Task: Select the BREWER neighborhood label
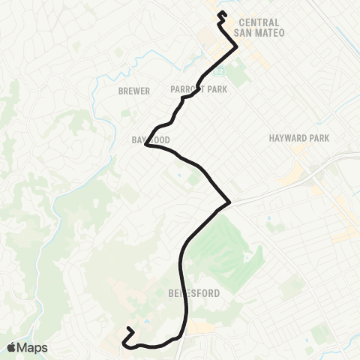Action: click(134, 91)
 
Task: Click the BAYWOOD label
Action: click(150, 140)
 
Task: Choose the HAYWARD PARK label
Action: click(299, 139)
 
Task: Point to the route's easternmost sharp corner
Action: click(229, 202)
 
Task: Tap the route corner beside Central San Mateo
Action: click(237, 46)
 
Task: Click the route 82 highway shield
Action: click(220, 71)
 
